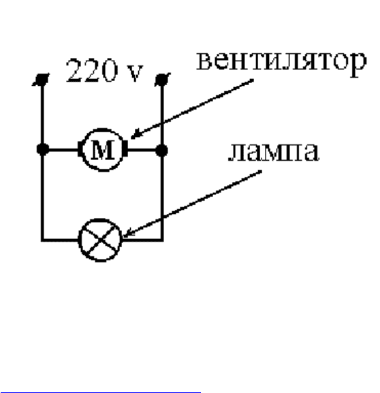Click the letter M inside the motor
point(104,150)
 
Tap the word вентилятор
point(281,62)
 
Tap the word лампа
point(274,152)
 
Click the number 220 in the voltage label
point(91,70)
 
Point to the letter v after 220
point(135,73)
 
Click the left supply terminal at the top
point(41,80)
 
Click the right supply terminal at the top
point(163,80)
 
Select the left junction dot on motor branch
point(43,150)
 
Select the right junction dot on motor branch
point(161,151)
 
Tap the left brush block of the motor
point(80,149)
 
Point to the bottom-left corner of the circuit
point(42,240)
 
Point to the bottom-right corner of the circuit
point(162,240)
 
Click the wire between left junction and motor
point(63,150)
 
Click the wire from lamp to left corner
point(60,240)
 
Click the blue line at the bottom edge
point(100,392)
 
